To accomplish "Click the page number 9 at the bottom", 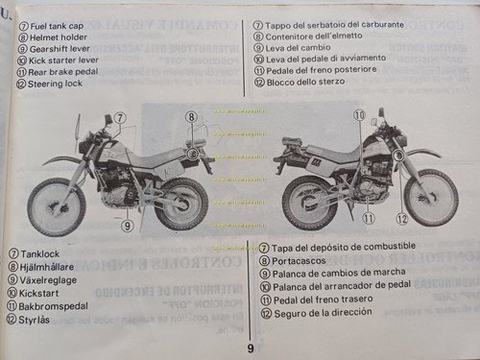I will [x=250, y=348].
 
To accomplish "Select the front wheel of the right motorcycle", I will [x=430, y=197].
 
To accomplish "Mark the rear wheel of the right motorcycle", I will [x=309, y=203].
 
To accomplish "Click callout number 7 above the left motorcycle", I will [x=119, y=117].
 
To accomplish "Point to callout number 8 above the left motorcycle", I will [x=192, y=117].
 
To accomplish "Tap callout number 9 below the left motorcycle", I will [x=126, y=226].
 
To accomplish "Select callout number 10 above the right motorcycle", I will [x=358, y=114].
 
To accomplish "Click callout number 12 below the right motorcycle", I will [x=401, y=219].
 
